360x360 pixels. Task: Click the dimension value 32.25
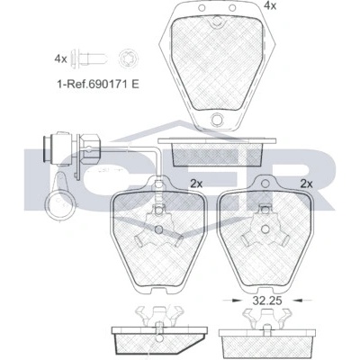coord(267,301)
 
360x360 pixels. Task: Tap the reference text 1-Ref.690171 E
coord(98,84)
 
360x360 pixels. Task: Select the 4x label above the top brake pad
coord(270,5)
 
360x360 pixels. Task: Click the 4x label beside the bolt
coord(60,59)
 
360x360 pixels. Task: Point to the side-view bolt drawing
coord(89,58)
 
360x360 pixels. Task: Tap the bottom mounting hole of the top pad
coord(217,120)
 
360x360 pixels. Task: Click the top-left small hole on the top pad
coord(202,7)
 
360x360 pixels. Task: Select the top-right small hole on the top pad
coord(232,7)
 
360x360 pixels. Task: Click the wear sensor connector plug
coord(71,149)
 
